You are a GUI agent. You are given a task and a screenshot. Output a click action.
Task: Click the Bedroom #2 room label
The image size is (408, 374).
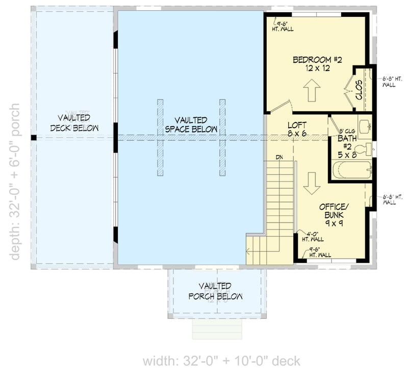317,64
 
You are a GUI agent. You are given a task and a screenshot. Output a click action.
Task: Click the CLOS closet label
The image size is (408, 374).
359,89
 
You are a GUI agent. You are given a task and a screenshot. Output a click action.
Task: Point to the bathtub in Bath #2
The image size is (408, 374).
352,169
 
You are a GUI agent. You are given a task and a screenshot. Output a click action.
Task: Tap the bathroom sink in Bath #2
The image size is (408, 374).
364,126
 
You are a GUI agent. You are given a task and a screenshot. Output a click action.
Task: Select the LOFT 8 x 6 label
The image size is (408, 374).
297,129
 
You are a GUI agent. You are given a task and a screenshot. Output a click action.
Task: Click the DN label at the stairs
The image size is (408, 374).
279,157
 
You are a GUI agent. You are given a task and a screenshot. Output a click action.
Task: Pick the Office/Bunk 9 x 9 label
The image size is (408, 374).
334,215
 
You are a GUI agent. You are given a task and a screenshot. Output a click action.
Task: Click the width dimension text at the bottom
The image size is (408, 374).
221,361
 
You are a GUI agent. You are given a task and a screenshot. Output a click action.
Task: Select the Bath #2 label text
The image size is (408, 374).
347,142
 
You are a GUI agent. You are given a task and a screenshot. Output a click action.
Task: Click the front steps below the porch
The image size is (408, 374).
217,329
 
